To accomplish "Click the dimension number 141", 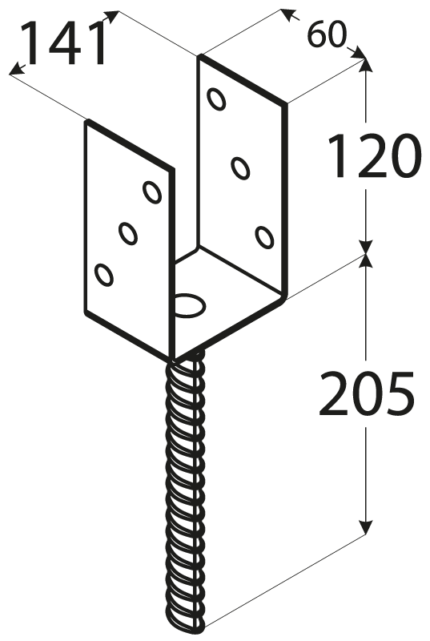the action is click(x=66, y=44).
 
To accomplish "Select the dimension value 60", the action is click(x=326, y=34).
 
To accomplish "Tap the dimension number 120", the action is click(x=374, y=156).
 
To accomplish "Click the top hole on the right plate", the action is click(x=216, y=99).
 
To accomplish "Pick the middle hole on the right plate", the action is click(x=240, y=167).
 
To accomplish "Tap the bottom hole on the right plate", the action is click(x=264, y=236).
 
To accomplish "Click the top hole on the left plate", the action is click(x=152, y=191).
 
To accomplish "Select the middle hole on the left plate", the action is click(x=128, y=233).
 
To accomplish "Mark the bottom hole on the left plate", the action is click(x=104, y=275).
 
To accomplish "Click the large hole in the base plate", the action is click(x=191, y=304).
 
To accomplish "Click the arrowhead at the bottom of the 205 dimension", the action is click(x=365, y=526).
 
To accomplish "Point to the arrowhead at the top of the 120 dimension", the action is click(x=365, y=66).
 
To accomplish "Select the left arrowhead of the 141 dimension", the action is click(x=16, y=70).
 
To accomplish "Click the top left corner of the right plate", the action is click(x=200, y=55).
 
